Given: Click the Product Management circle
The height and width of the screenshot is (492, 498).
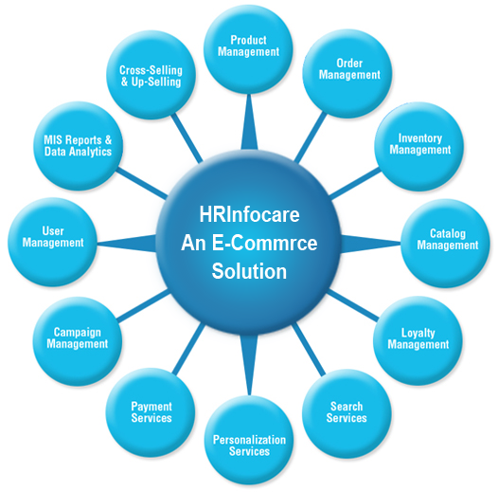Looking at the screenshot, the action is point(248,49).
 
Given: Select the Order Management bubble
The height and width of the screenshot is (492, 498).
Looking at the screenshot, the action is point(347,74).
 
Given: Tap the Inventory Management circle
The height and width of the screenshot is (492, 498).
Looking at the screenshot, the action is point(418,147).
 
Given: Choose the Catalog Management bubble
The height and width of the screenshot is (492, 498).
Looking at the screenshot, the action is point(445,244).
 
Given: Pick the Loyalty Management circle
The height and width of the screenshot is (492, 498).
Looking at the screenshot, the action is point(418,341).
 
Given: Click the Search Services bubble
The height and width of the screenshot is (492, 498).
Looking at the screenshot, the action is point(347,413).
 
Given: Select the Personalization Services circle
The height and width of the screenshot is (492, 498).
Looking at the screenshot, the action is point(249,440).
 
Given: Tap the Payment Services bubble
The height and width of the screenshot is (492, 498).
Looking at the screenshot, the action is point(151,412).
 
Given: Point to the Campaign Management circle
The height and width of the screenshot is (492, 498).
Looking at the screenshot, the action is point(78,341).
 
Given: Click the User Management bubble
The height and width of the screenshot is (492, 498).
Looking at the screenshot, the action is point(52,242).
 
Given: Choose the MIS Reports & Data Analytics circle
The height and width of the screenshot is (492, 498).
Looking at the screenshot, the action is point(78,146).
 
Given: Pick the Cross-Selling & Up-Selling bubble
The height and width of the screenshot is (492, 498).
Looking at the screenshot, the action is point(151,75).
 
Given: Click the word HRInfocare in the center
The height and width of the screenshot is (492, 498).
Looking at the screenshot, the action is point(249,214).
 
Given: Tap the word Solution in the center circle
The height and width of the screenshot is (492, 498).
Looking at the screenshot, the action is point(249,271).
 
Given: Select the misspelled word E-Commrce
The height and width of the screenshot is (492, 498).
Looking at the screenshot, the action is point(264,243).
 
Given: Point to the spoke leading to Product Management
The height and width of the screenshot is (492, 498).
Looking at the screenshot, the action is point(249,121).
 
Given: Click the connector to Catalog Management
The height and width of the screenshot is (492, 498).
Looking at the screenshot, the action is point(370,244).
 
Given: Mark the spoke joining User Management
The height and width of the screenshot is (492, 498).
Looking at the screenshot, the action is point(127,244).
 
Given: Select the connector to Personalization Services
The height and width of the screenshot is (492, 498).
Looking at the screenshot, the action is point(249,365).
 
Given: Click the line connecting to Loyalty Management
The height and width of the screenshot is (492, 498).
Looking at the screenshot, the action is point(353,305).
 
